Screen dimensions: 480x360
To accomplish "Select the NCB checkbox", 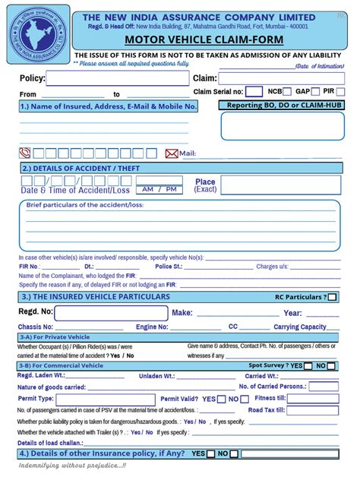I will pyautogui.click(x=289, y=91).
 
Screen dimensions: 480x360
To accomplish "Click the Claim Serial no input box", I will pyautogui.click(x=255, y=92).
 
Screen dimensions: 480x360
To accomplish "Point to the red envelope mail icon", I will pyautogui.click(x=172, y=153).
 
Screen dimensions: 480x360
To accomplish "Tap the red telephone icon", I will pyautogui.click(x=25, y=153).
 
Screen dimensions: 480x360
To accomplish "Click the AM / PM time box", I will pyautogui.click(x=159, y=189).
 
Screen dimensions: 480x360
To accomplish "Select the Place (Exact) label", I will pyautogui.click(x=205, y=185).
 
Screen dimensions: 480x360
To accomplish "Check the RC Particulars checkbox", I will pyautogui.click(x=333, y=297).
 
